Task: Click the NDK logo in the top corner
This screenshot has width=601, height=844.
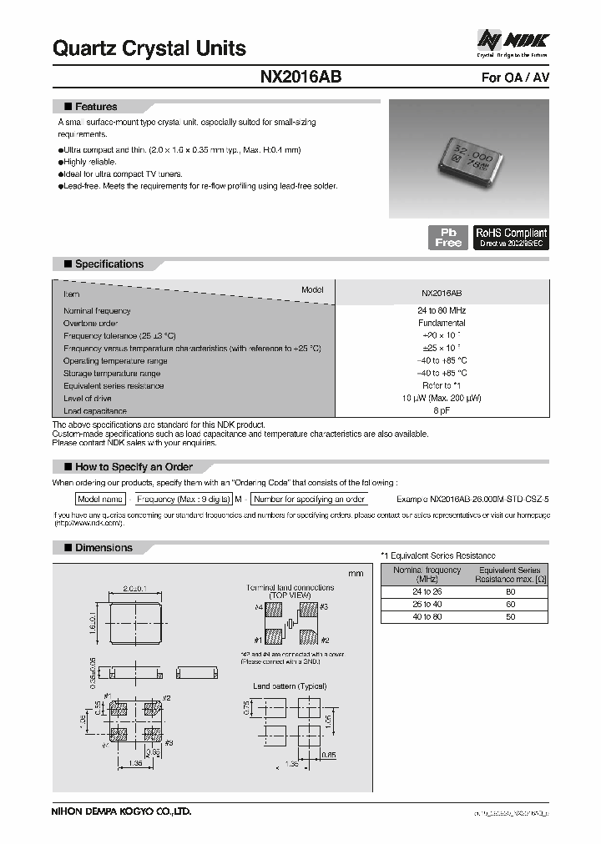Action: coord(513,40)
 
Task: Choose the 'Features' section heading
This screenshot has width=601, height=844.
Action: coord(96,107)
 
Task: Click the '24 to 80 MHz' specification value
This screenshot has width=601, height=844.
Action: coord(442,310)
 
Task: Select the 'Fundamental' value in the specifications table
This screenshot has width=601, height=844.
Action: coord(442,323)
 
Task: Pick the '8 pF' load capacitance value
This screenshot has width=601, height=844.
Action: coord(442,411)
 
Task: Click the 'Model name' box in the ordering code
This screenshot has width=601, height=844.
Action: coord(100,499)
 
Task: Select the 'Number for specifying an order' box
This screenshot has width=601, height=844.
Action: coord(310,499)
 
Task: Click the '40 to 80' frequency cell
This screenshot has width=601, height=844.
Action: coord(427,616)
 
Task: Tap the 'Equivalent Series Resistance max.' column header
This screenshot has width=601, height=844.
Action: coord(510,575)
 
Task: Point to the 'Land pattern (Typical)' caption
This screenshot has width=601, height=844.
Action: coord(288,686)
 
